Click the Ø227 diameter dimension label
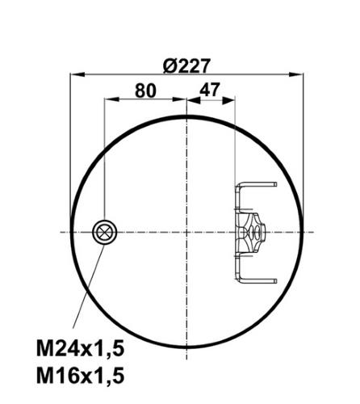click(186, 65)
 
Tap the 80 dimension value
click(145, 90)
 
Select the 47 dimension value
click(210, 90)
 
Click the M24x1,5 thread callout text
click(80, 348)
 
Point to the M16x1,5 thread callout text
click(80, 376)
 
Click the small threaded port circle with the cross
click(104, 232)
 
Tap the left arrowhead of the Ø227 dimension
click(77, 74)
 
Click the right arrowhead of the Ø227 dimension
click(296, 74)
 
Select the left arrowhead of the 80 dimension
click(111, 99)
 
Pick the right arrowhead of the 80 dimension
click(179, 99)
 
